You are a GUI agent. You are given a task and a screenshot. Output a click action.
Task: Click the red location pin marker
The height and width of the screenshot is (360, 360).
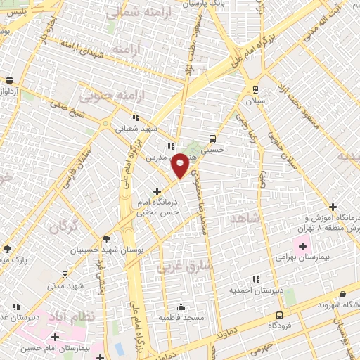181,165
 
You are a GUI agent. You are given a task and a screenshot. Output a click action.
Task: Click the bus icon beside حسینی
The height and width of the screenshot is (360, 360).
212,139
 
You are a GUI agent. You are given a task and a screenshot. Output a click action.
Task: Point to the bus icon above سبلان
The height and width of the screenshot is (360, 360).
255,90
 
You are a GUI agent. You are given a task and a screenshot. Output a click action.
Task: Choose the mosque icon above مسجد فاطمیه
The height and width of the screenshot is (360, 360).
181,307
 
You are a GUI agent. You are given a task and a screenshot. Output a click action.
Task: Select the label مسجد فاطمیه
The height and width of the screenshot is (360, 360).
181,319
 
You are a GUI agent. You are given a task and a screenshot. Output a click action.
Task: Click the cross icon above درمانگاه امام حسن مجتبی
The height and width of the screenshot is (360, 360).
157,191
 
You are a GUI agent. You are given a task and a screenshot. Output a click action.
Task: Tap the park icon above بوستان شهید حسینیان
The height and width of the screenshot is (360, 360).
106,239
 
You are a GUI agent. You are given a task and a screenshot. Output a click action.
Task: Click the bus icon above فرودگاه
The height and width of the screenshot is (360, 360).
280,315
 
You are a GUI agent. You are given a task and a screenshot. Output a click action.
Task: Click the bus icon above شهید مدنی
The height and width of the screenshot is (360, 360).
65,275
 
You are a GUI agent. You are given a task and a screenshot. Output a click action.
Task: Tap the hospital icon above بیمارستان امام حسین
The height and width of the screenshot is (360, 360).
55,337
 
